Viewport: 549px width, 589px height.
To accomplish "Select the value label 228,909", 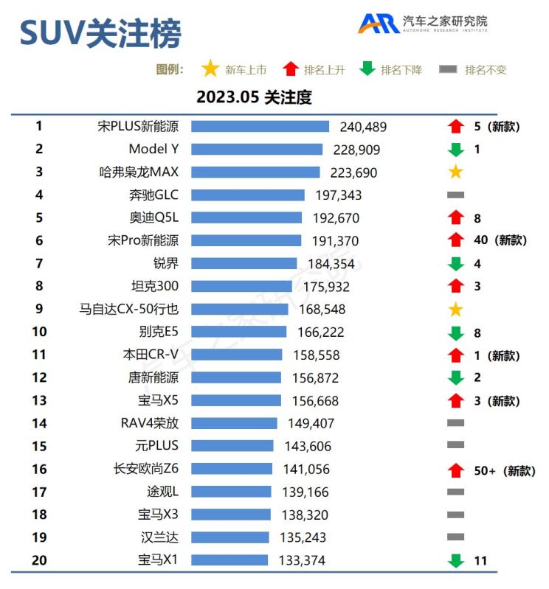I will pyautogui.click(x=356, y=150).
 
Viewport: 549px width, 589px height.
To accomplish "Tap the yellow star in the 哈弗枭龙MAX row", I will pyautogui.click(x=455, y=172).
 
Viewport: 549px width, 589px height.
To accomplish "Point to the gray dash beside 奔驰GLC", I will pyautogui.click(x=455, y=195).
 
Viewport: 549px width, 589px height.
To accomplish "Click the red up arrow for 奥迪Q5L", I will pyautogui.click(x=455, y=217).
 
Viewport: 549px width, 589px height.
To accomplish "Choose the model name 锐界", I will pyautogui.click(x=165, y=263).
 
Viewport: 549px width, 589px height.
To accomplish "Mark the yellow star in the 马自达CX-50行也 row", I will pyautogui.click(x=455, y=309).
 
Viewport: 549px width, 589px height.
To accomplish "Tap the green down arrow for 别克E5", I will pyautogui.click(x=455, y=332).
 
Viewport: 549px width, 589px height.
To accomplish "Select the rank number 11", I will pyautogui.click(x=39, y=355).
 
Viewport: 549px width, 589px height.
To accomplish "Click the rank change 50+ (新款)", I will pyautogui.click(x=504, y=470).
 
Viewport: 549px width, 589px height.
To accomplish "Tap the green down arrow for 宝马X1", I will pyautogui.click(x=455, y=561).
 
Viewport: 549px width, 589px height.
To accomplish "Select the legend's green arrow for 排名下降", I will pyautogui.click(x=367, y=69).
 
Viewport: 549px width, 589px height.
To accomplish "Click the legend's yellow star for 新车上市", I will pyautogui.click(x=210, y=69).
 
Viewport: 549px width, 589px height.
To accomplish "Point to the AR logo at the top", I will pyautogui.click(x=379, y=24).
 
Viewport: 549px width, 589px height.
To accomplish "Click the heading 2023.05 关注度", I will pyautogui.click(x=254, y=97).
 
